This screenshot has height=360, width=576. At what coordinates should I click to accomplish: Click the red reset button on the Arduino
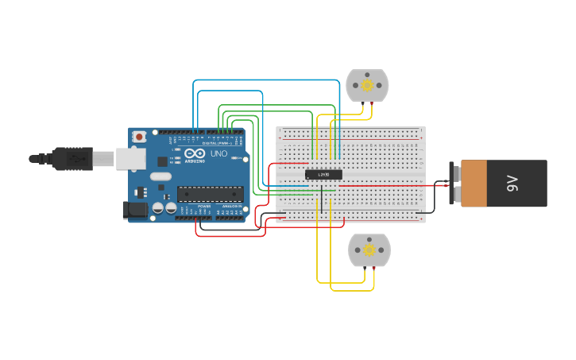(140, 137)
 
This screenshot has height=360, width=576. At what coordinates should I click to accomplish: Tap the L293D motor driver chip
(324, 174)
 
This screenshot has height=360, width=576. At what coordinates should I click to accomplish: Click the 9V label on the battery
(512, 184)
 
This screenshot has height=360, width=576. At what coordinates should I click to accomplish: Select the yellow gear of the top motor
(367, 85)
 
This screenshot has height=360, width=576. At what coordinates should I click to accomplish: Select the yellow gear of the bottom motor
(369, 250)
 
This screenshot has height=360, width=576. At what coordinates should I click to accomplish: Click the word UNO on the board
(218, 153)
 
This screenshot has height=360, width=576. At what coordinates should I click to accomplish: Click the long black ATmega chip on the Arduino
(211, 193)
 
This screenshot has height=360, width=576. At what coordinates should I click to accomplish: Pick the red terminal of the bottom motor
(374, 269)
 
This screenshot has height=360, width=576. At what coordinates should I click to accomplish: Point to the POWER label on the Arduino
(204, 206)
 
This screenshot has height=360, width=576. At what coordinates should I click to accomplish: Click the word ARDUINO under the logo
(195, 161)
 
